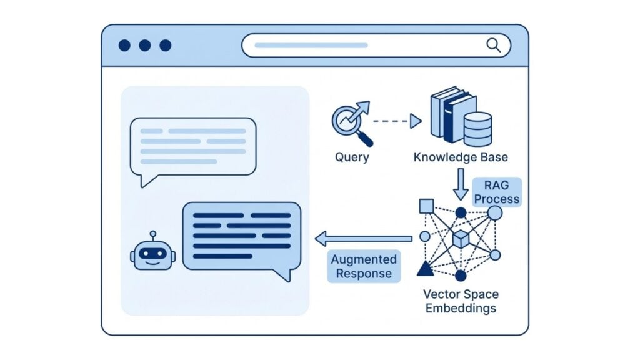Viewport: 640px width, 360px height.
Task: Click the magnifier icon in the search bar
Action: (x=493, y=45)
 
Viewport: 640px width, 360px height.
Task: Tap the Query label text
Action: (x=352, y=157)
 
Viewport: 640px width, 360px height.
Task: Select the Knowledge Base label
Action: (x=461, y=157)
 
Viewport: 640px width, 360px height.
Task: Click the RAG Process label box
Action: (x=496, y=192)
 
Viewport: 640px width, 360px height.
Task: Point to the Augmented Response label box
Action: (x=364, y=266)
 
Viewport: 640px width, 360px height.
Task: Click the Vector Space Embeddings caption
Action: (x=461, y=301)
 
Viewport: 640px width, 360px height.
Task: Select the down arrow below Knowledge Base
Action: (x=461, y=183)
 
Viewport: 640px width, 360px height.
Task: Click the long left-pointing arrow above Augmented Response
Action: (x=363, y=238)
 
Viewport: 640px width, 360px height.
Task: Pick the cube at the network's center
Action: (x=461, y=239)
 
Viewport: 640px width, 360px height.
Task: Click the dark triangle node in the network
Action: (x=426, y=269)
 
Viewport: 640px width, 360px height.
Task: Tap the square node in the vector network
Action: (x=426, y=206)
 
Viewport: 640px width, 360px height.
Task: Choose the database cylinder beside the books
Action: (x=477, y=129)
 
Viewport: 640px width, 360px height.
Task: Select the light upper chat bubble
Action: (x=192, y=146)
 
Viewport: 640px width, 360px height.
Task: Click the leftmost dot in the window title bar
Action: (x=124, y=45)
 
